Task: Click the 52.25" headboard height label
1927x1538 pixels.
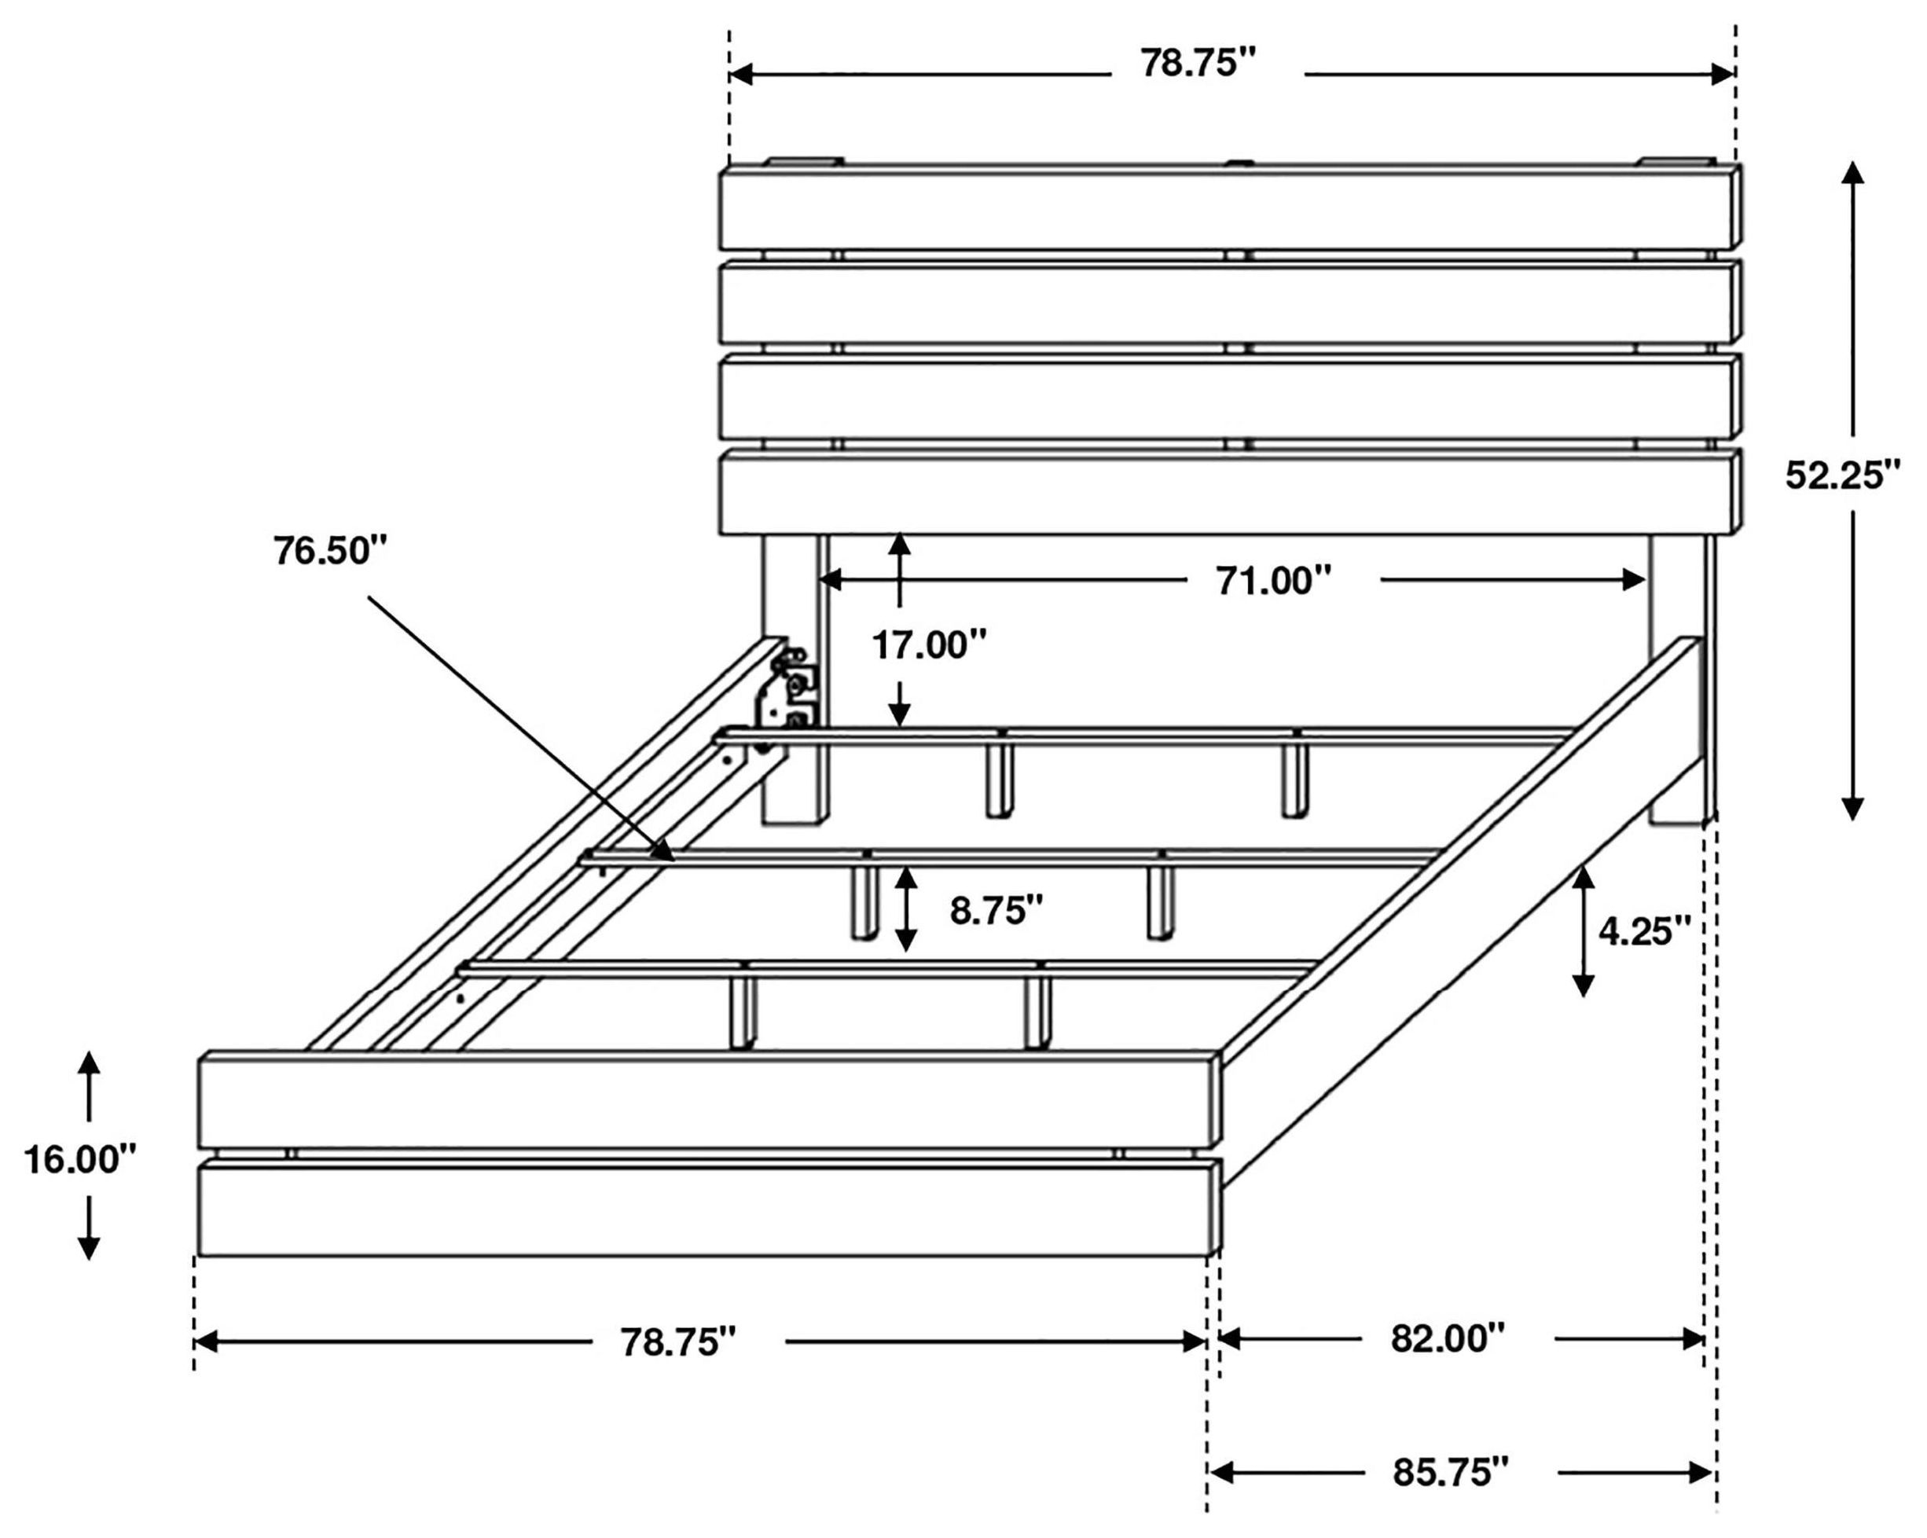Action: pos(1842,475)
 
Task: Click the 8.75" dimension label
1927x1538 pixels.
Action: pos(996,912)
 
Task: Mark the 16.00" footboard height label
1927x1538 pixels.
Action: pos(80,1161)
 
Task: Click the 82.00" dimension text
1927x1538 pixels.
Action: pos(1448,1338)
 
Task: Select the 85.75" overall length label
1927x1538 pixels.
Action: pos(1450,1473)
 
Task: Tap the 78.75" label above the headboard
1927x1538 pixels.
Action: pos(1198,64)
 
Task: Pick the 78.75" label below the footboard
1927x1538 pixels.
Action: pos(678,1342)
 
